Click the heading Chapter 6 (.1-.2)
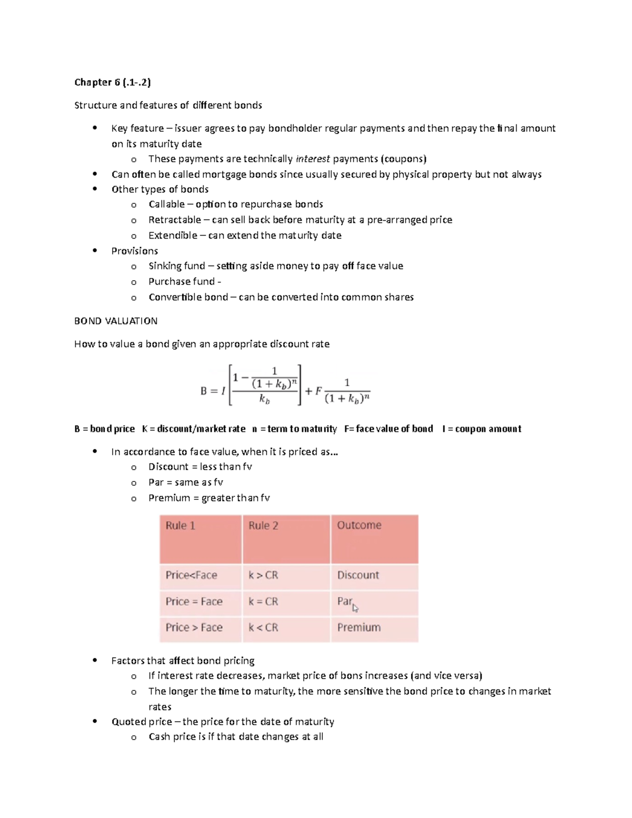(112, 82)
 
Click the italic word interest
(313, 159)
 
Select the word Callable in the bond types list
(166, 204)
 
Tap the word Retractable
(174, 220)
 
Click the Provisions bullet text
(134, 251)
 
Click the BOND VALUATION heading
(116, 321)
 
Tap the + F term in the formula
(313, 391)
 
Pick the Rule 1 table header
(180, 526)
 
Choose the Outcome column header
(359, 525)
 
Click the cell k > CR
(263, 575)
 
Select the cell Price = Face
(194, 602)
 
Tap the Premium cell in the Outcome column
(359, 627)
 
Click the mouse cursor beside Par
(355, 608)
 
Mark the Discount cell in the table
(358, 575)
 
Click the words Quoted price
(142, 722)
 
